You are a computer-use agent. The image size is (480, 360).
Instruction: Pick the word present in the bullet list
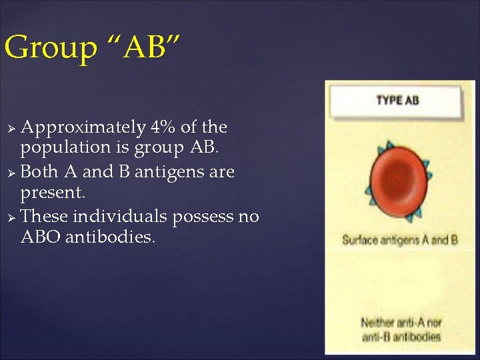[52, 193]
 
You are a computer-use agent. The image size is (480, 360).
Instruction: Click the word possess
[203, 216]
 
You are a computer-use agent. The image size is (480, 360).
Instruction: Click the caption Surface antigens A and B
[399, 239]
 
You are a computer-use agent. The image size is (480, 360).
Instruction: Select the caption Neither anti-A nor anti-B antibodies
[400, 329]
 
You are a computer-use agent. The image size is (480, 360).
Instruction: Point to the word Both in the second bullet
[39, 171]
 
